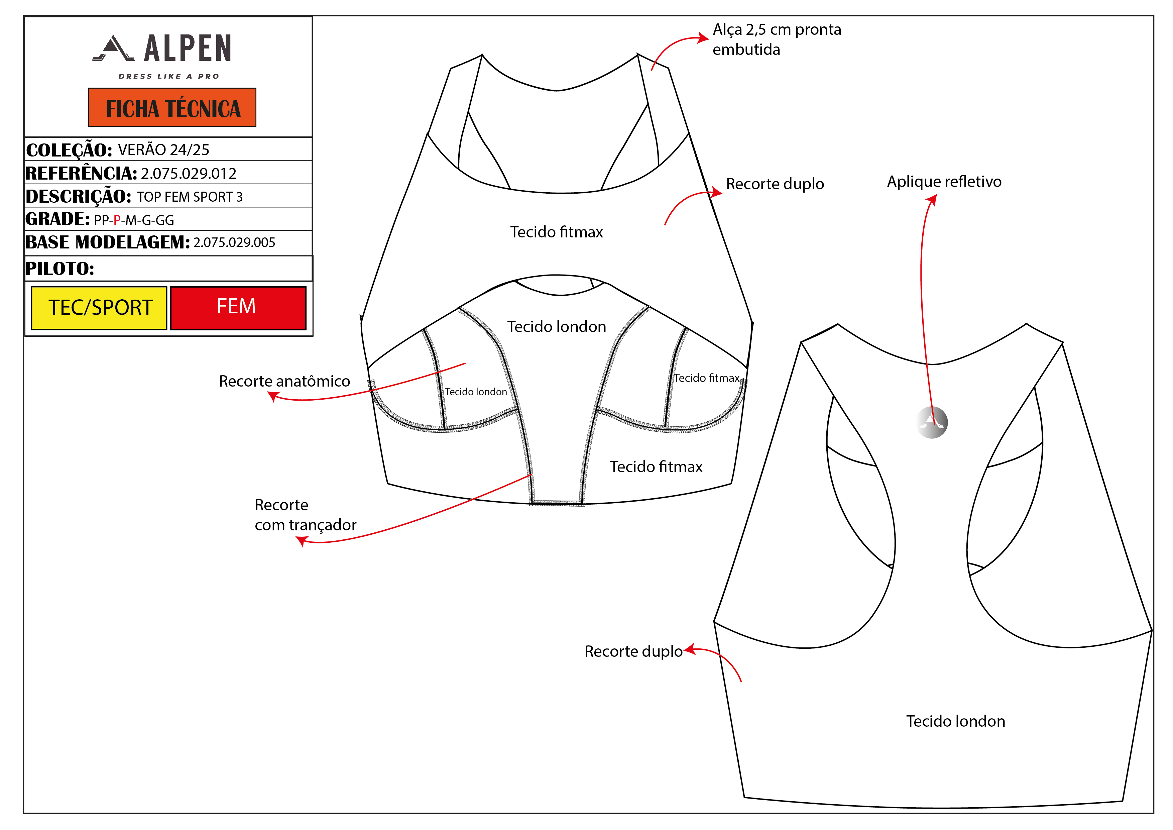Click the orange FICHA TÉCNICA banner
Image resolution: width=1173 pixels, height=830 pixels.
coord(172,108)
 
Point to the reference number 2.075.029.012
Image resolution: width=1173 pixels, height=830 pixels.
coord(189,174)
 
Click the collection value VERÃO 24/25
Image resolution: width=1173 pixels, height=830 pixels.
coord(163,150)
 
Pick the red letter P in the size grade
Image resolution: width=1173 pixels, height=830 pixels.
coord(117,220)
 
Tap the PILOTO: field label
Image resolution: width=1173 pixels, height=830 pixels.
coord(60,268)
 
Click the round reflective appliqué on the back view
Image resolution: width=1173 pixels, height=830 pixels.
coord(932,423)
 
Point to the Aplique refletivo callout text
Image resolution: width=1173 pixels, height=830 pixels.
coord(944,182)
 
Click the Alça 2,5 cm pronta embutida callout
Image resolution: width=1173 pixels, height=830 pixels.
coord(777,39)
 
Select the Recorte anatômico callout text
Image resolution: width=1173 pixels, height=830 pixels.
coord(284,381)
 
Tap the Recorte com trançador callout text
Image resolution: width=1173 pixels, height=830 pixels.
coord(305,515)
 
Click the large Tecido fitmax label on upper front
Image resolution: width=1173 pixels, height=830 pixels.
coord(556,232)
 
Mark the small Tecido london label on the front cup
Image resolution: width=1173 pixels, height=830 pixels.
coord(476,392)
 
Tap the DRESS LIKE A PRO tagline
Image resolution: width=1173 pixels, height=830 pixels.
coord(168,77)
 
